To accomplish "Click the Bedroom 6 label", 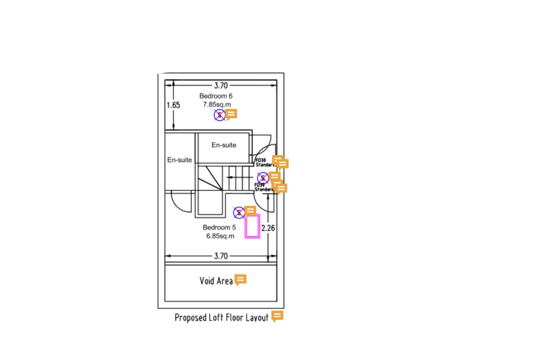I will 216,96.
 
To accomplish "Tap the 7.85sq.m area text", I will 217,104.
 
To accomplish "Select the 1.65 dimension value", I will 173,105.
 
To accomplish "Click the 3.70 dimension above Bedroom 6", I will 220,85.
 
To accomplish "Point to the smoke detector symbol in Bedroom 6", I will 219,115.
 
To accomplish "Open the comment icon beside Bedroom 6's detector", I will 231,114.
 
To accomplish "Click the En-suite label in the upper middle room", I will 224,145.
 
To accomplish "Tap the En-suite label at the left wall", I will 179,160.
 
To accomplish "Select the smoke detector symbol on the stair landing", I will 262,178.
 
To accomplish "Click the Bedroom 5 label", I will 219,227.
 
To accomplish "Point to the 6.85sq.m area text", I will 220,236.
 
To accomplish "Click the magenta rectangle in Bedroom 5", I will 253,227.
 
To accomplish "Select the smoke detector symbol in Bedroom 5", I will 239,212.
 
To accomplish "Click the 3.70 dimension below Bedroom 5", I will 220,256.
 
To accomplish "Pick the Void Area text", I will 216,281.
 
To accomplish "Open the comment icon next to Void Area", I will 240,280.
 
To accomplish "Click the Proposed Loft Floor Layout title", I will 221,317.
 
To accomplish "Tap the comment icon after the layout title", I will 277,316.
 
